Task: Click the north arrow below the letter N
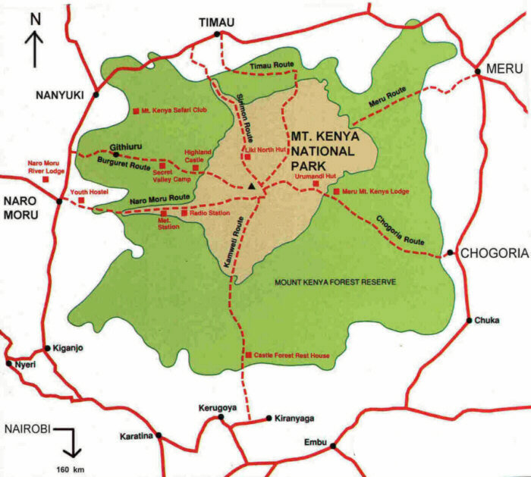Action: tap(34, 52)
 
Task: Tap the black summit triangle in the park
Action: tap(251, 185)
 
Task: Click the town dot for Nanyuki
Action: tap(96, 95)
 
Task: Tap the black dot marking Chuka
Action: tap(475, 320)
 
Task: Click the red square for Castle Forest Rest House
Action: tap(248, 356)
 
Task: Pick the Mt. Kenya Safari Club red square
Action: tap(136, 111)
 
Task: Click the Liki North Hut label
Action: tap(265, 149)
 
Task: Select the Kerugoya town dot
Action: tap(221, 417)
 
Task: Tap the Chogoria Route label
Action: tap(400, 231)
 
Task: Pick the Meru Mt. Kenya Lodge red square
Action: tap(336, 192)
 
